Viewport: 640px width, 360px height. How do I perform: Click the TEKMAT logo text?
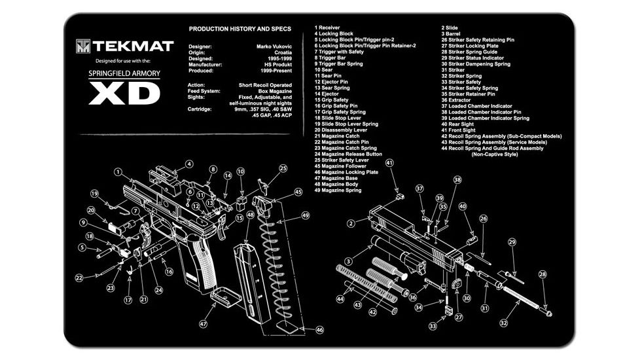pyautogui.click(x=132, y=46)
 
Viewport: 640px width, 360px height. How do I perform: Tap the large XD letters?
pyautogui.click(x=124, y=94)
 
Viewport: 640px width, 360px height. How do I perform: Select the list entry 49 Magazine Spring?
pyautogui.click(x=338, y=190)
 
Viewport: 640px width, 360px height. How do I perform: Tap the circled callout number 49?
pyautogui.click(x=305, y=215)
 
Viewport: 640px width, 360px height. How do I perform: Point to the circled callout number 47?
pyautogui.click(x=204, y=323)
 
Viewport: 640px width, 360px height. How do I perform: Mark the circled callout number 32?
pyautogui.click(x=503, y=323)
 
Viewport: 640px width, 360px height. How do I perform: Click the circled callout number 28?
pyautogui.click(x=542, y=274)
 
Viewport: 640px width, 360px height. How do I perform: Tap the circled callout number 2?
pyautogui.click(x=351, y=223)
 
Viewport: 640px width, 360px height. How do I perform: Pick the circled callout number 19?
pyautogui.click(x=94, y=194)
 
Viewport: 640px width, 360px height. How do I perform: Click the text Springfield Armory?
pyautogui.click(x=124, y=73)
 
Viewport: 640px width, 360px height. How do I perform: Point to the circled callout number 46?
pyautogui.click(x=319, y=330)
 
